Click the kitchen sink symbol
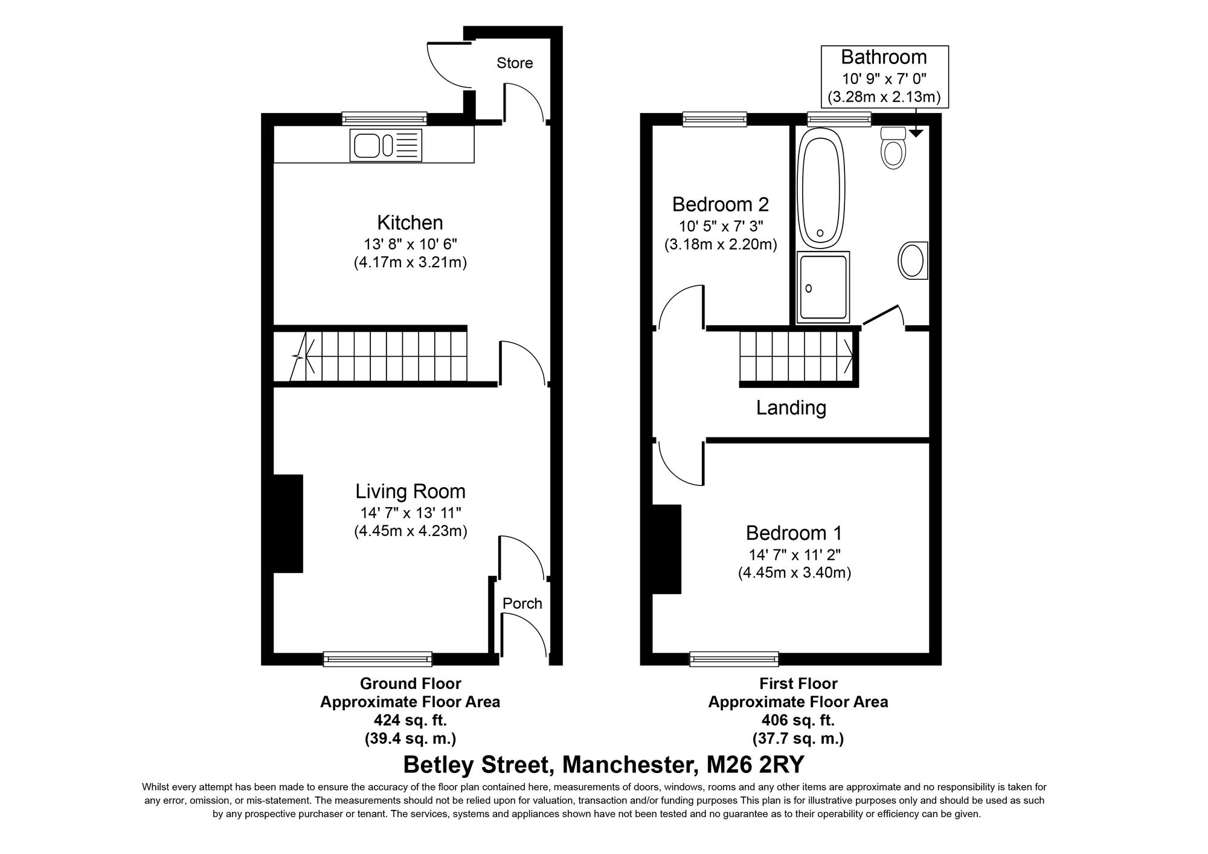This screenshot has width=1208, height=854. pos(385,146)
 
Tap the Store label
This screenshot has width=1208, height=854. pos(515,63)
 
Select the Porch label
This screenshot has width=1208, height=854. pos(522,603)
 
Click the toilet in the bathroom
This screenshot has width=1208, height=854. pos(893,149)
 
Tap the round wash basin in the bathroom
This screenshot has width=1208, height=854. pos(913,260)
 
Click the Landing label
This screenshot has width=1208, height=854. pos(791,407)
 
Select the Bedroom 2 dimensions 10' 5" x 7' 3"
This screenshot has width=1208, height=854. pos(721,227)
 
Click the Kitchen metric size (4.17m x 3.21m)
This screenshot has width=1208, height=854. pos(410,263)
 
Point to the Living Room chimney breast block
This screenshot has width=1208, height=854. pos(288,523)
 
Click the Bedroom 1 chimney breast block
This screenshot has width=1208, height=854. pos(667,549)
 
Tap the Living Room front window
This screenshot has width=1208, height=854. pos(377,659)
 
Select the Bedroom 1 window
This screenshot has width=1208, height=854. pos(734,659)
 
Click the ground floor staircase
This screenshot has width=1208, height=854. pos(381,357)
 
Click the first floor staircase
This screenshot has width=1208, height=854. pos(796,357)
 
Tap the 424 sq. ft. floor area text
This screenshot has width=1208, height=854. pos(410,720)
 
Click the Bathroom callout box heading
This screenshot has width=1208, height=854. pos(884,57)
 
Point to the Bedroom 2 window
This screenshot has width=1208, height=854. pos(715,119)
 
